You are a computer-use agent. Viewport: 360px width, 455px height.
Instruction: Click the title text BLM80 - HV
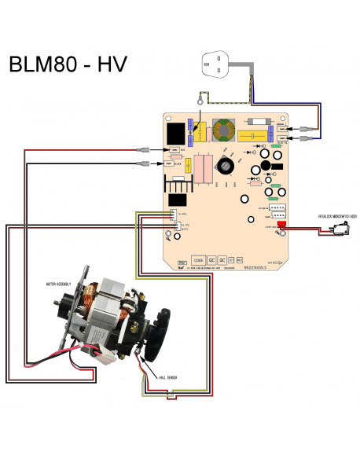[69, 64]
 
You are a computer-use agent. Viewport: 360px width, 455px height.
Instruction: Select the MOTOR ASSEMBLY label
[61, 282]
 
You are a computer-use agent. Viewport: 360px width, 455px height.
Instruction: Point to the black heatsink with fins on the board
[178, 185]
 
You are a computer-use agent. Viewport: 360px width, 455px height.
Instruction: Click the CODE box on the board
[199, 259]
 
